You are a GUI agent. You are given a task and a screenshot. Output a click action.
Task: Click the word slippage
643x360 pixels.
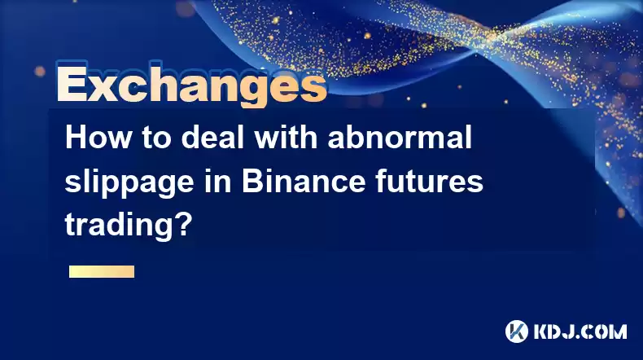tap(129, 183)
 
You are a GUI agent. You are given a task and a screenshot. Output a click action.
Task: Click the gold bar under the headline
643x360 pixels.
tap(102, 272)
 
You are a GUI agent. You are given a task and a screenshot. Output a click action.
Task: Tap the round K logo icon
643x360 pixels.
tap(517, 331)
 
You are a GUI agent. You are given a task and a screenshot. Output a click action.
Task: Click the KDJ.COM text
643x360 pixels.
tap(580, 332)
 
